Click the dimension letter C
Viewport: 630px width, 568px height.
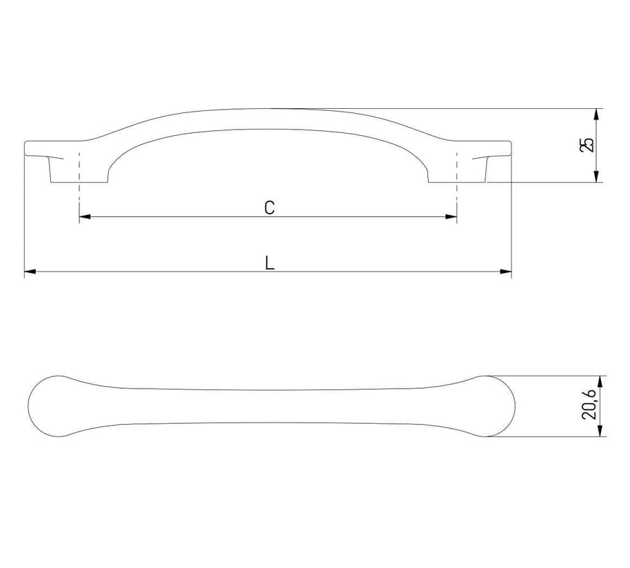[x=270, y=207]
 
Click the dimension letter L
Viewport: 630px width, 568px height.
[x=270, y=263]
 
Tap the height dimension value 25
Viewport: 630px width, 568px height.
[x=587, y=145]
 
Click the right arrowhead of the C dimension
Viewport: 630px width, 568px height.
[x=451, y=217]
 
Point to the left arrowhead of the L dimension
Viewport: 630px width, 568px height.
[x=30, y=272]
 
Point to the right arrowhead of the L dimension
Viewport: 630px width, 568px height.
[x=506, y=272]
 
